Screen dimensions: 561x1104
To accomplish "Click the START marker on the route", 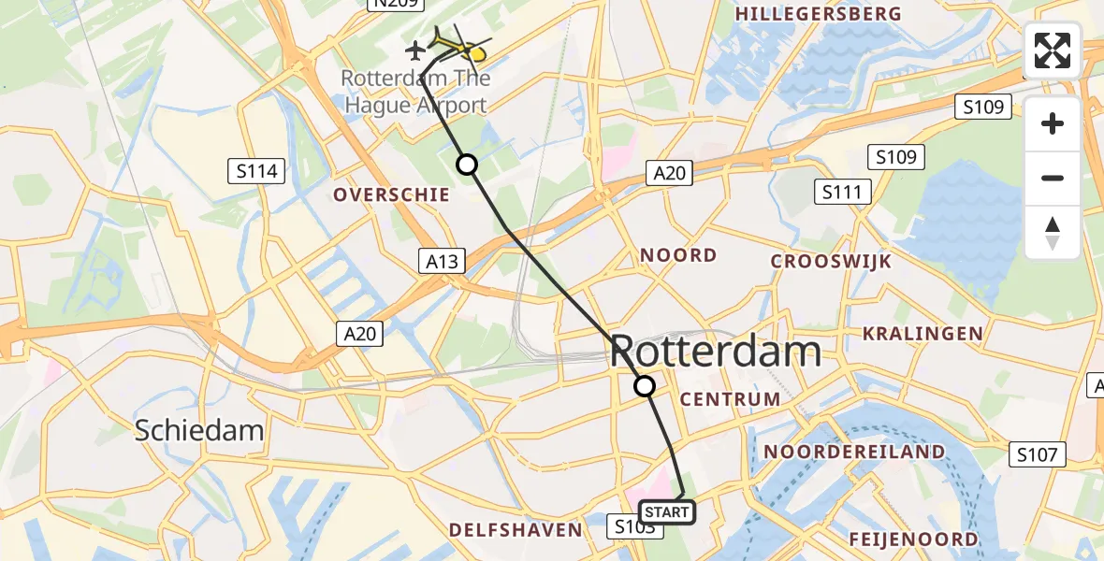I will pyautogui.click(x=666, y=512).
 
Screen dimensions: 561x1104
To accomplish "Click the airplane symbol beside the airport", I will pyautogui.click(x=415, y=48).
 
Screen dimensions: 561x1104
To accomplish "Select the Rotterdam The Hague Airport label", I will pyautogui.click(x=415, y=92).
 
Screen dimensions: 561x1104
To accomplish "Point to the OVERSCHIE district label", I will pyautogui.click(x=392, y=194).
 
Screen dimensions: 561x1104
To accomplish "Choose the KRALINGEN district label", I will pyautogui.click(x=922, y=334).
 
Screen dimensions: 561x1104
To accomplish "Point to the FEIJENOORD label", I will pyautogui.click(x=913, y=539).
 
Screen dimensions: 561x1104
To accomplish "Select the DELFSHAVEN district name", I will pyautogui.click(x=516, y=530).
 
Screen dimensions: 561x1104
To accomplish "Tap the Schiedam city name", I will pyautogui.click(x=198, y=431).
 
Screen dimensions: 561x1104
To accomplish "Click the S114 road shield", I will pyautogui.click(x=256, y=171).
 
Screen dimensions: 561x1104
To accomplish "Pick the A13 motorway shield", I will pyautogui.click(x=442, y=262).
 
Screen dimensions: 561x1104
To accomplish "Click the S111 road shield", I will pyautogui.click(x=842, y=193).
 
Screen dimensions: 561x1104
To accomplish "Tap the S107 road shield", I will pyautogui.click(x=1039, y=455).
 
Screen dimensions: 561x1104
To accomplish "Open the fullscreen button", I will pyautogui.click(x=1053, y=50).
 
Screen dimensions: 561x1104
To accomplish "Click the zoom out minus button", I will pyautogui.click(x=1053, y=178).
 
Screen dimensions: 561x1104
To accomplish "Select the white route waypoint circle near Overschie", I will pyautogui.click(x=466, y=165).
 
